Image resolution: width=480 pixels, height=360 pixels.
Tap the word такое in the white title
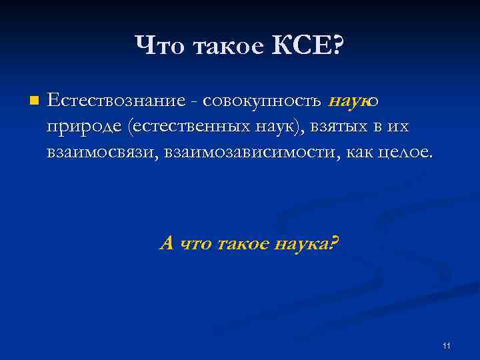pos(225,47)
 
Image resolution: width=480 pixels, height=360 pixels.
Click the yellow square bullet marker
pos(35,101)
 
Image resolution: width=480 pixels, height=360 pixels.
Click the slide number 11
pos(446,345)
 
